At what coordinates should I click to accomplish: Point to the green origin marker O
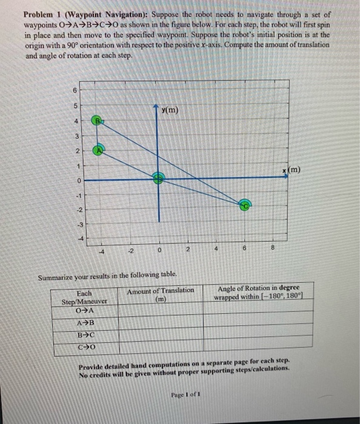[159, 179]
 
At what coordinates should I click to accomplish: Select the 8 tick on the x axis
[273, 248]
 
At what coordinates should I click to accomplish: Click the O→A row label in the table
[85, 311]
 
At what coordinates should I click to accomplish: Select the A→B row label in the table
[85, 323]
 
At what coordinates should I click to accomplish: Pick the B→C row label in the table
[85, 336]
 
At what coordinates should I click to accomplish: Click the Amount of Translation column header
[161, 294]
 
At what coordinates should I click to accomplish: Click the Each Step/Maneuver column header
[84, 296]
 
